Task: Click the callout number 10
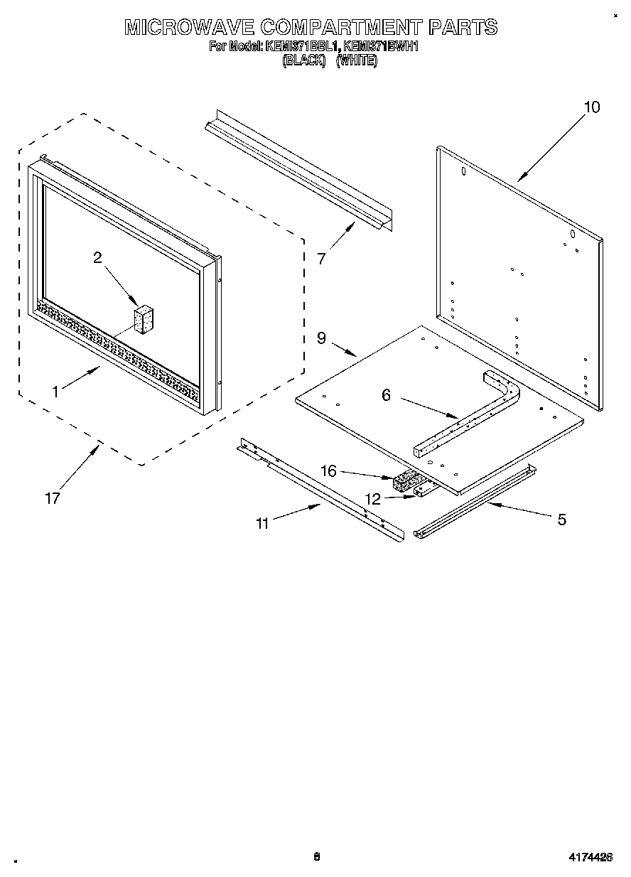tap(591, 107)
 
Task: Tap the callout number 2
tap(98, 258)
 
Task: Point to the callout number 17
tap(52, 498)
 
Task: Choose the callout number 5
tap(561, 520)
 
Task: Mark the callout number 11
tap(262, 524)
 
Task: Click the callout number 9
tap(321, 338)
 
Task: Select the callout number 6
tap(386, 395)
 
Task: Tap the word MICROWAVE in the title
tap(189, 27)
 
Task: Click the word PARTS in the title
tap(463, 27)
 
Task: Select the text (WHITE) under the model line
tap(357, 61)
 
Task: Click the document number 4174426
tap(589, 857)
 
